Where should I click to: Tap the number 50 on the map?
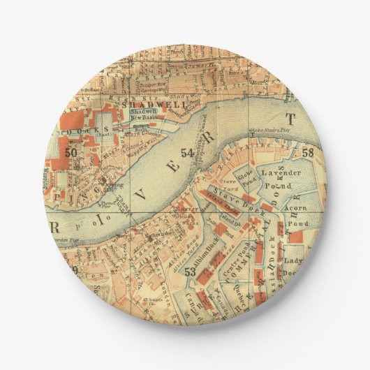[x=71, y=152]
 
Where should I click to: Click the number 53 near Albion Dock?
[x=189, y=272]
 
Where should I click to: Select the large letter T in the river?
[x=291, y=117]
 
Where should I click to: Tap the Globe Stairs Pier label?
[x=264, y=135]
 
